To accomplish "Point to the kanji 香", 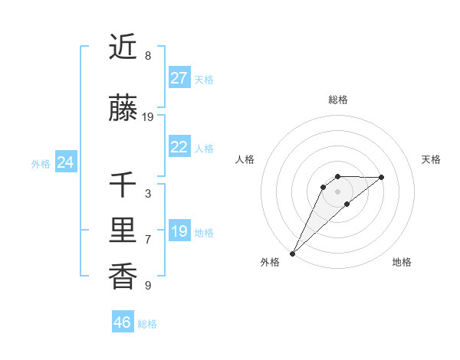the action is [123, 276].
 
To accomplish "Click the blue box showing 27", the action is [179, 78].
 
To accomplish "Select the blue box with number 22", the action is [179, 148].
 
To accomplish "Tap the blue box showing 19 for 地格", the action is [179, 232].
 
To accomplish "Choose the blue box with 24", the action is [65, 162].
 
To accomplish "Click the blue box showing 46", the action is [123, 322].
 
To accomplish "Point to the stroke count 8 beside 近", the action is [148, 56].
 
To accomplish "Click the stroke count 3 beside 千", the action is [148, 194].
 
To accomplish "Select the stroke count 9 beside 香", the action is [148, 286].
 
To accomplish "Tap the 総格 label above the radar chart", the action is [338, 100].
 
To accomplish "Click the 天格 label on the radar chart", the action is [432, 159].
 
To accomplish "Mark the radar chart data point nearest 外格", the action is [292, 253].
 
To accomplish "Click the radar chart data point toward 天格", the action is [382, 177].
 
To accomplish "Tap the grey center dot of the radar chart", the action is [337, 191].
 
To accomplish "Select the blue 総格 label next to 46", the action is [147, 324].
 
